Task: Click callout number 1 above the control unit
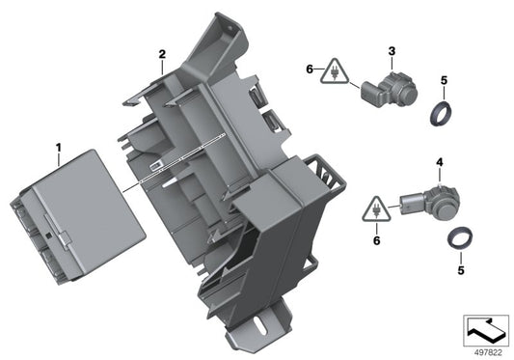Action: coord(59,148)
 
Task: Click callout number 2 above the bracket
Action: coord(162,54)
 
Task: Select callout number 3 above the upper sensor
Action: coord(392,51)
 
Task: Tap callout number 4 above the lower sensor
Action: coord(439,162)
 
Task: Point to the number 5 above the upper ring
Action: coord(444,80)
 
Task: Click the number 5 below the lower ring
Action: coord(461,270)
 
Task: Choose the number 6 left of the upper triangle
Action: coord(310,69)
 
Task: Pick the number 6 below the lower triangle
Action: coord(377,240)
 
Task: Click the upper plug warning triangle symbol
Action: coord(335,71)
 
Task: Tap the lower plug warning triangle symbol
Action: coord(376,210)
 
